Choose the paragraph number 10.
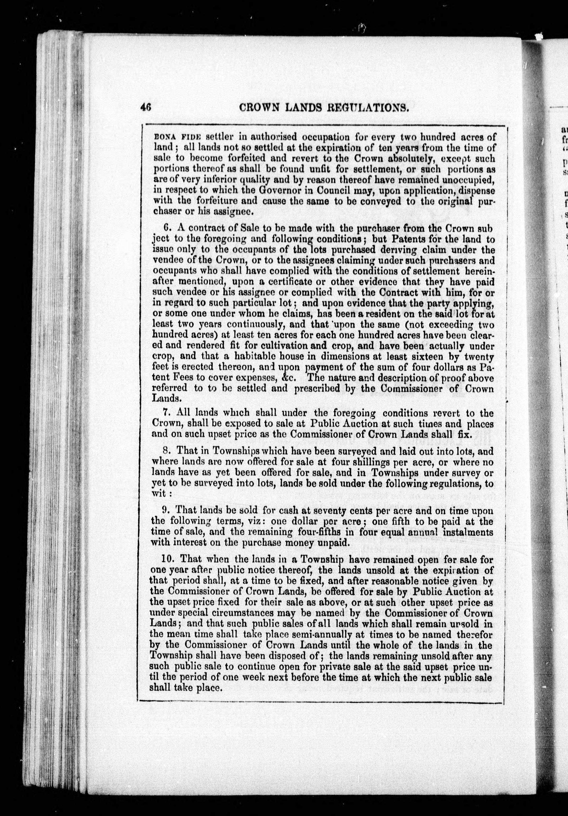click(167, 559)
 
